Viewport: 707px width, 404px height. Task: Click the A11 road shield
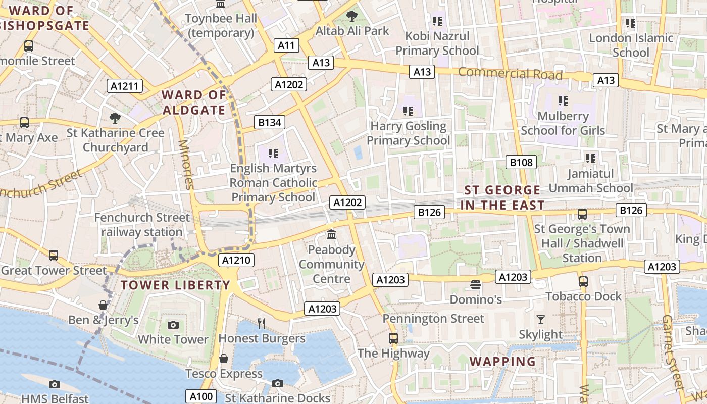286,45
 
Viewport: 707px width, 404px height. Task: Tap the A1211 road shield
125,86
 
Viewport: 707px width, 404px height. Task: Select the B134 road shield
269,122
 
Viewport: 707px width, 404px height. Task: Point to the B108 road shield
521,162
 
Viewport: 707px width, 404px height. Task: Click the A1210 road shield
236,261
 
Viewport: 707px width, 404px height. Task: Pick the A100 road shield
201,396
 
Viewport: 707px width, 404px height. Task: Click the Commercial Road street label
510,74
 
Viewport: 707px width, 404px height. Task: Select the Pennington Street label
433,319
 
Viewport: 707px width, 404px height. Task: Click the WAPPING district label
502,362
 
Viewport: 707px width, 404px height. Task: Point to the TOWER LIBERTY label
176,285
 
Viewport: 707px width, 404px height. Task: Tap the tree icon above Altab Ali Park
352,16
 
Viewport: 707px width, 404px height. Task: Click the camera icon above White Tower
173,325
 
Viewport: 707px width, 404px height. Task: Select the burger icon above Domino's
475,285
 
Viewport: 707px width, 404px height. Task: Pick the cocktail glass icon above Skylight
541,320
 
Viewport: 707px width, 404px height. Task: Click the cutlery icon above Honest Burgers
262,324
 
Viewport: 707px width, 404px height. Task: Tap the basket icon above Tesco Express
224,359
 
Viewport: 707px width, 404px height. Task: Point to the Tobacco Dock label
584,296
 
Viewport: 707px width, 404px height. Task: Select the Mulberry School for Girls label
563,123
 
